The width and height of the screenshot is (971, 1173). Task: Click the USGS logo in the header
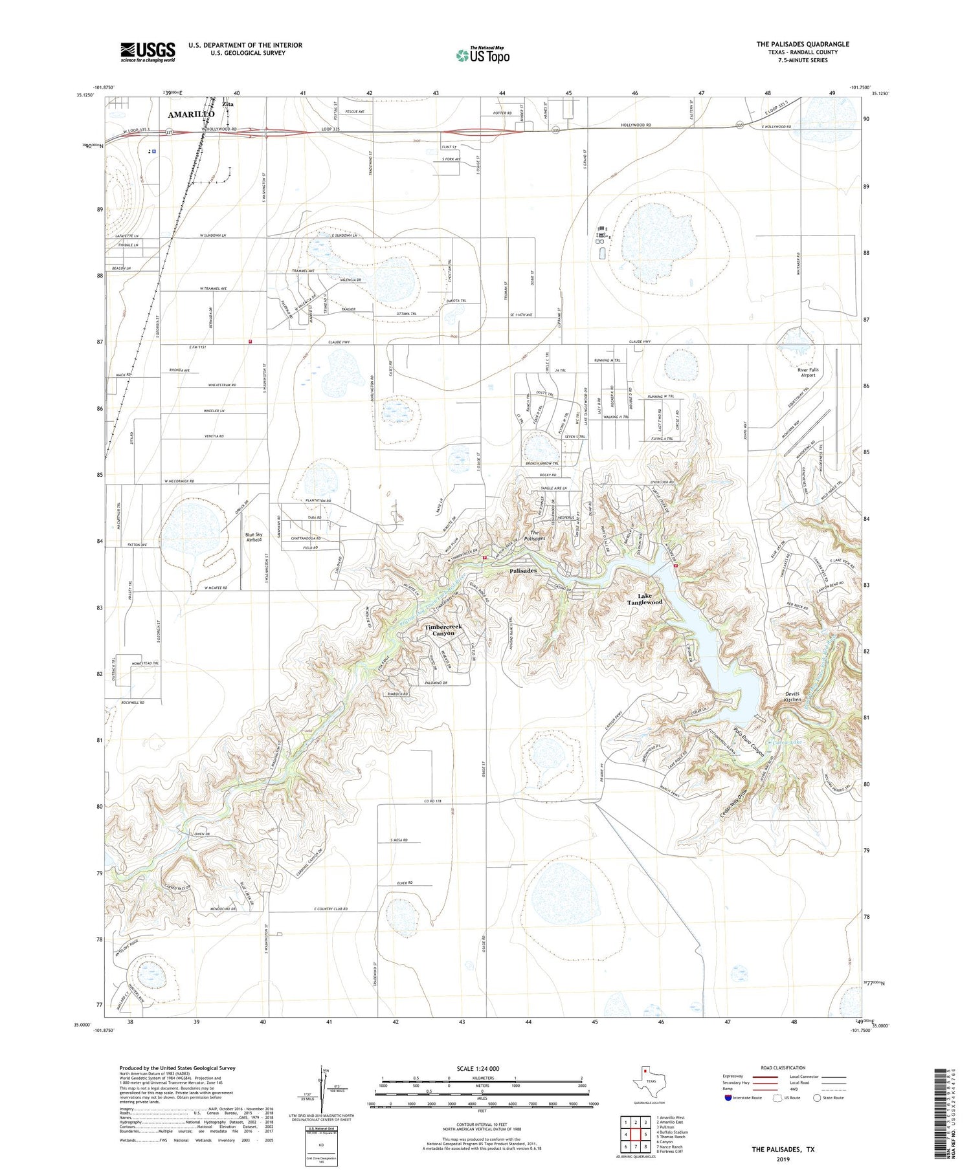[148, 52]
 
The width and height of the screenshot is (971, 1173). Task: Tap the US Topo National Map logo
[482, 55]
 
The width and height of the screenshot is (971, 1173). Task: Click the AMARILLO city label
[191, 115]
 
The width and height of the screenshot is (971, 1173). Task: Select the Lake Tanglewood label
[645, 599]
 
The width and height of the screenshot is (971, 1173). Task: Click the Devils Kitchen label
[793, 697]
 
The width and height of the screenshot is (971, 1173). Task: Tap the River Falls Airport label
[809, 373]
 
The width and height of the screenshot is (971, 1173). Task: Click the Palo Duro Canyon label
[750, 740]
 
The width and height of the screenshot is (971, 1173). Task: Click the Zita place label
[227, 104]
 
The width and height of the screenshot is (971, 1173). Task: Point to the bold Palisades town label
[523, 571]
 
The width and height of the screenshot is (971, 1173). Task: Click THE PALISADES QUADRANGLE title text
[803, 44]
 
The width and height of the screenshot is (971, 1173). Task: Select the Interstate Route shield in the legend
[728, 1097]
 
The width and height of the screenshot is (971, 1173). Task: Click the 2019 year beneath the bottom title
[783, 1158]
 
